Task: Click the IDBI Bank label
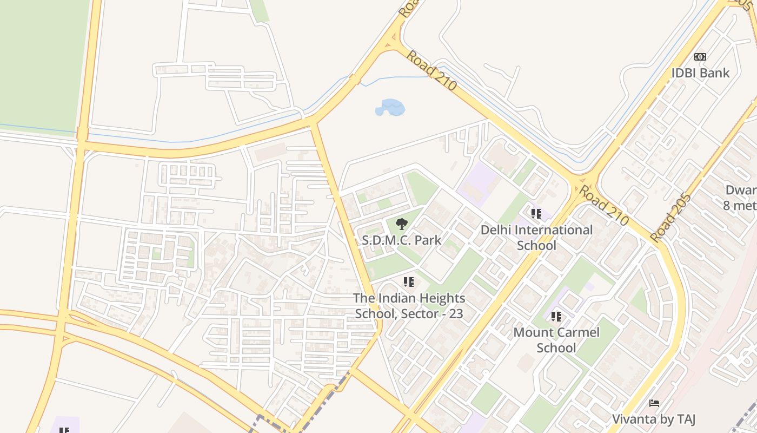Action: tap(700, 73)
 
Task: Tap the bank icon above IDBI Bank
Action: tap(700, 57)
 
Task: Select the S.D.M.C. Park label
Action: tap(401, 240)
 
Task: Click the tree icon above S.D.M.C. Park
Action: tap(401, 224)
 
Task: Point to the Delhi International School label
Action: tap(536, 237)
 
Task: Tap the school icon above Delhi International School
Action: tap(536, 214)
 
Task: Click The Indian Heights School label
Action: tap(409, 305)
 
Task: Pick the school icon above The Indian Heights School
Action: tap(409, 282)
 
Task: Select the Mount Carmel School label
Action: tap(556, 339)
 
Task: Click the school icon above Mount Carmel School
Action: tap(556, 317)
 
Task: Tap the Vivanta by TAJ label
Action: tap(653, 419)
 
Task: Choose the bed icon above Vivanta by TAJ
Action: tap(654, 403)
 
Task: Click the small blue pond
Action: tap(390, 107)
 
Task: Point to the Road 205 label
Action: tap(670, 218)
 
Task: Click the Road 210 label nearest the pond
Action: tap(431, 70)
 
